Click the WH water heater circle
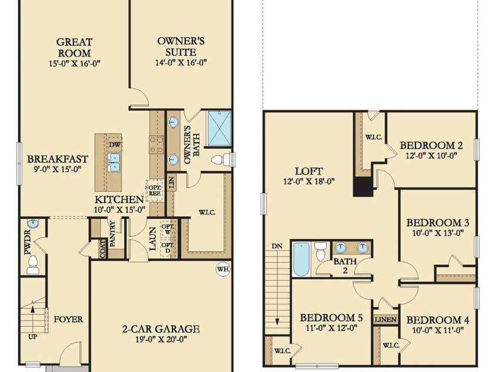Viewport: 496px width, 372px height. point(223,269)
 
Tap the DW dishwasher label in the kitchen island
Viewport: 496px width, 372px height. point(114,145)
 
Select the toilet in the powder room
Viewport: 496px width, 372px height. point(32,265)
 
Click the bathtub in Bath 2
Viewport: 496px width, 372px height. point(301,259)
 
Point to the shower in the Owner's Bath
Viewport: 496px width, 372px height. point(219,128)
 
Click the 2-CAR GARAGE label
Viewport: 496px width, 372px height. point(161,329)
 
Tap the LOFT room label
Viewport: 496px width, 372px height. point(309,171)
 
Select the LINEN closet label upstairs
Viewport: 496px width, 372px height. point(385,320)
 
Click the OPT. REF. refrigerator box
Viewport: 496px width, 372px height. point(155,190)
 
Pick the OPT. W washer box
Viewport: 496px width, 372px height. point(168,230)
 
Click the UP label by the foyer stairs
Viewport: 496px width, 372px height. point(32,337)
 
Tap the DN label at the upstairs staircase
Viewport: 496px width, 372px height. point(277,246)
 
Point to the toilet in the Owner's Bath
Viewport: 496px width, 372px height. point(221,160)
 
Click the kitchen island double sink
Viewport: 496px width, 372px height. point(114,162)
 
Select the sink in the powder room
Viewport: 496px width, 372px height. point(33,224)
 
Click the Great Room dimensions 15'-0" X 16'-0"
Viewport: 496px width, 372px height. point(74,63)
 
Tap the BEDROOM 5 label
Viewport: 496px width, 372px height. point(331,318)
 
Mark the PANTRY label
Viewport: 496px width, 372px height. point(112,234)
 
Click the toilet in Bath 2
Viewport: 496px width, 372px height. point(321,251)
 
